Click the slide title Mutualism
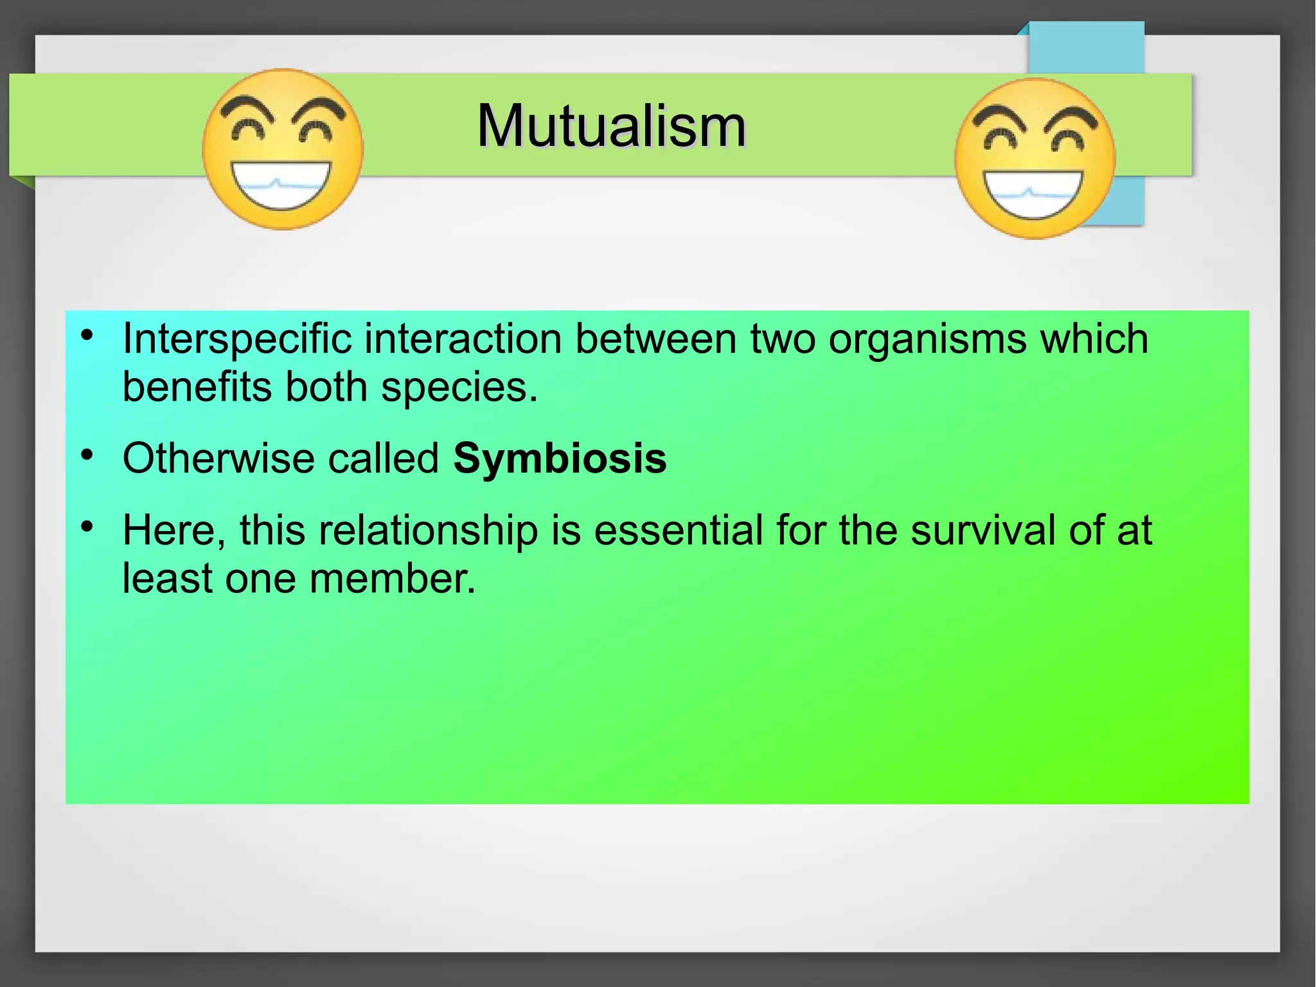point(611,126)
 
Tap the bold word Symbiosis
point(560,459)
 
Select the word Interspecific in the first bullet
point(237,340)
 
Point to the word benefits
point(197,388)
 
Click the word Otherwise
point(218,459)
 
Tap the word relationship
point(428,531)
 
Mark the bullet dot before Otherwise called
point(87,456)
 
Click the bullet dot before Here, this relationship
point(87,528)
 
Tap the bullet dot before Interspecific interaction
point(87,336)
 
